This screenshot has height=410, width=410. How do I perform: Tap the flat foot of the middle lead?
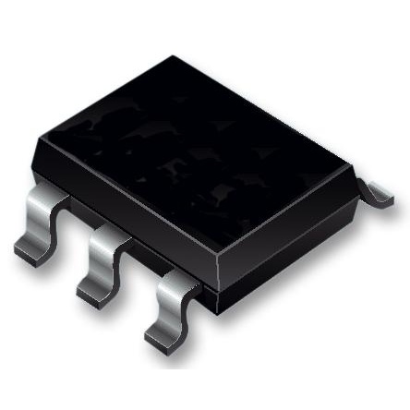tap(92, 292)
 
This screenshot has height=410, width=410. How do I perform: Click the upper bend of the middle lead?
tap(115, 238)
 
